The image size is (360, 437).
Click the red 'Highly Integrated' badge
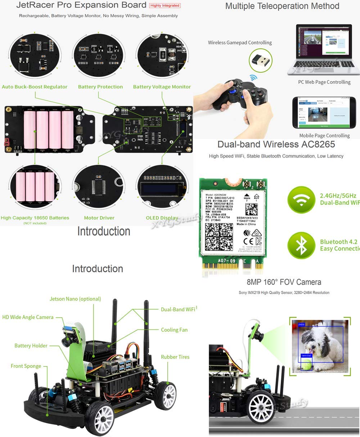pos(165,6)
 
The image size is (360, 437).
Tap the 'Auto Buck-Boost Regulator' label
pos(35,87)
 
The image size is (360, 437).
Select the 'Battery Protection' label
pos(100,87)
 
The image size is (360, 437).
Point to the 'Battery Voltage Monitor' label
pos(162,87)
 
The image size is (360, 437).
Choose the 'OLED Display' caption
pos(162,218)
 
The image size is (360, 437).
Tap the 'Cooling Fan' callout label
pos(174,330)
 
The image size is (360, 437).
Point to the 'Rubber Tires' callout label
pos(175,357)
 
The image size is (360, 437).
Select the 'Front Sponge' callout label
pos(26,366)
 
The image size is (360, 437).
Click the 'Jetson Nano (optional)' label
pos(75,299)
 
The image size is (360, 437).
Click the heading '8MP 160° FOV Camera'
pos(284,282)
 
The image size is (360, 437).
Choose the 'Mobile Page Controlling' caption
pos(324,136)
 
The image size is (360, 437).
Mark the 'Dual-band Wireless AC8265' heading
pos(276,144)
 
